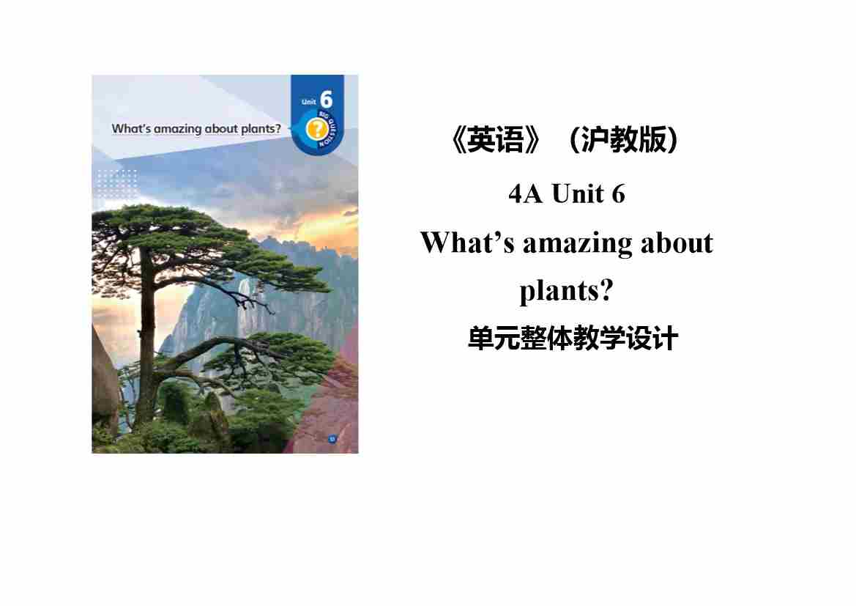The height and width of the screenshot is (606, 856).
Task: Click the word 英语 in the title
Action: point(496,139)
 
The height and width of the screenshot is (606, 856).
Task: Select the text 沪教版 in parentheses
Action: point(623,139)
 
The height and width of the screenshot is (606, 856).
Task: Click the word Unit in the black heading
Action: point(578,194)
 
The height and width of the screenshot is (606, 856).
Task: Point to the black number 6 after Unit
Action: point(619,194)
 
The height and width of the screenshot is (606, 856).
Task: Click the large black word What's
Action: point(467,243)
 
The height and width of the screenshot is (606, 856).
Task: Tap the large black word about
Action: point(677,243)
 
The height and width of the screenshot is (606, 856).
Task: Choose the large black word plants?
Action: point(567,291)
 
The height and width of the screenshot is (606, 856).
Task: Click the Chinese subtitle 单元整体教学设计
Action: point(573,339)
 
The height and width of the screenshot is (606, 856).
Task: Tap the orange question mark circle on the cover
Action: point(316,130)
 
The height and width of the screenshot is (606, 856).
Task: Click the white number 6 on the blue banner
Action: point(326,100)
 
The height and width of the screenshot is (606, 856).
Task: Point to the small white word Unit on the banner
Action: point(308,102)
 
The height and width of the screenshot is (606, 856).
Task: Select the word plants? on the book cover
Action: point(261,129)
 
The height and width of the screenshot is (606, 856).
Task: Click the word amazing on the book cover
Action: point(177,129)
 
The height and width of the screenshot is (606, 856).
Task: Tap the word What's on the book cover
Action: point(131,128)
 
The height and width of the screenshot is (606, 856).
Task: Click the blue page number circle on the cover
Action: point(332,440)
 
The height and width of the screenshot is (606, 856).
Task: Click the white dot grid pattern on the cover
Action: point(117,184)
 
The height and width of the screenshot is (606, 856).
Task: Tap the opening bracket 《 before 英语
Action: point(458,140)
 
